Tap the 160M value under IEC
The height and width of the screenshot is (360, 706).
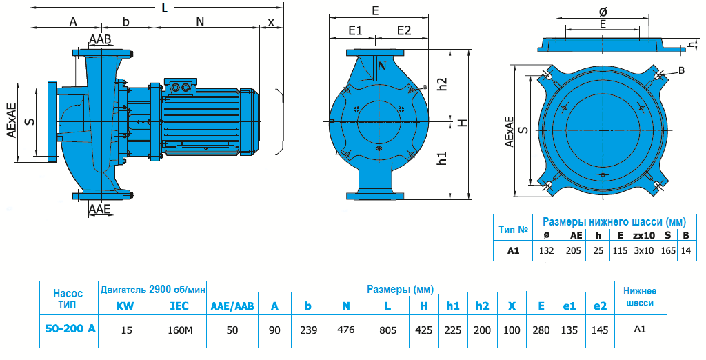tap(179, 330)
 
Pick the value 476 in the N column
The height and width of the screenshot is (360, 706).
tap(345, 330)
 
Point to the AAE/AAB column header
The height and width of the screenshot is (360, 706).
tap(232, 306)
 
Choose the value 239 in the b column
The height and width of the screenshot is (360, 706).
tap(309, 330)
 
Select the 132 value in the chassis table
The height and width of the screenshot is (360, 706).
tap(546, 251)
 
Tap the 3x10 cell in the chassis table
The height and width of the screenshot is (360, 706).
tap(643, 251)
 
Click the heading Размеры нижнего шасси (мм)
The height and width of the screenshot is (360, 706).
tap(614, 222)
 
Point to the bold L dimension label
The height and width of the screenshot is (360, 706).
tap(163, 8)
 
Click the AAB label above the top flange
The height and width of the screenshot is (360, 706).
tap(99, 39)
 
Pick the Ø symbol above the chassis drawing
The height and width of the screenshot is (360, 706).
tap(603, 12)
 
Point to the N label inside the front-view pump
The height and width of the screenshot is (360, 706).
tap(381, 66)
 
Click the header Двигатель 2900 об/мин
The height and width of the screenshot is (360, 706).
tap(153, 289)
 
